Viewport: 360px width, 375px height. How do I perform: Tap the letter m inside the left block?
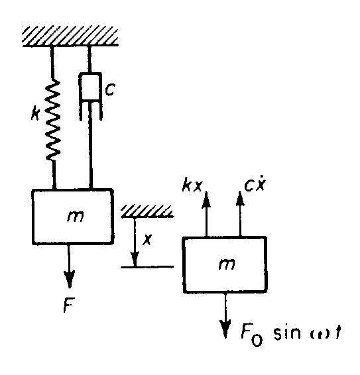(x=76, y=217)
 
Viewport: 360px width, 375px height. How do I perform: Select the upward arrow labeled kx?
(x=207, y=212)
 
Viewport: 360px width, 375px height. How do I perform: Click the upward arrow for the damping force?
(x=239, y=212)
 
